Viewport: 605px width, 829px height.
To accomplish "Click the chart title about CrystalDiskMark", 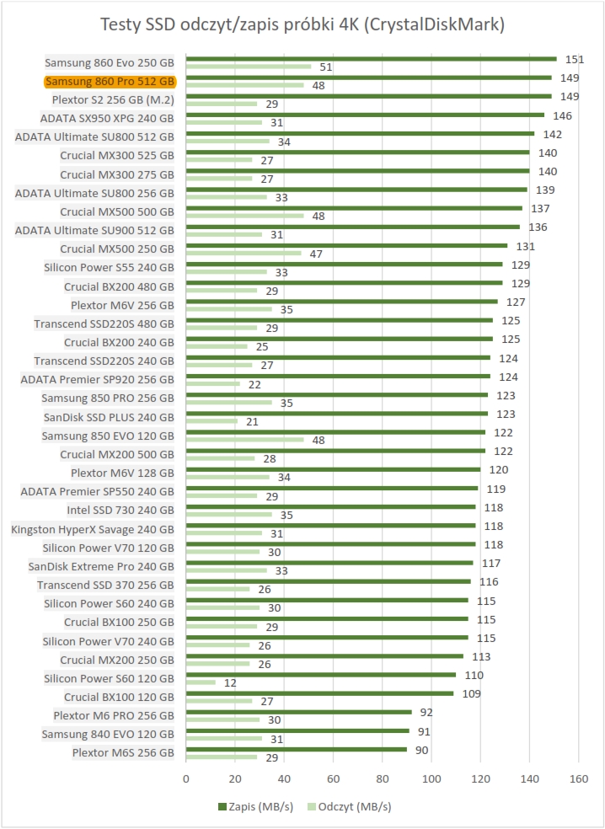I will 302,24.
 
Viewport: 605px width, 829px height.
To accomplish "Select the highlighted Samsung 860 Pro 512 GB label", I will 110,82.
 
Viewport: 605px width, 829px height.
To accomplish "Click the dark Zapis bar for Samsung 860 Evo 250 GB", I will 371,59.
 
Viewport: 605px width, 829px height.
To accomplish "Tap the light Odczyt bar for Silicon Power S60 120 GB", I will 201,682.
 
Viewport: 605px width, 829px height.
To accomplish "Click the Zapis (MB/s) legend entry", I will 254,806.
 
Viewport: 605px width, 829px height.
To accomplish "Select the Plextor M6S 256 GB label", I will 123,752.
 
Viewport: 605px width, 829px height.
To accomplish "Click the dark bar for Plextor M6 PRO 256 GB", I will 299,712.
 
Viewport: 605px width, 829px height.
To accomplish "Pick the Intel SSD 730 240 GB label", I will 120,510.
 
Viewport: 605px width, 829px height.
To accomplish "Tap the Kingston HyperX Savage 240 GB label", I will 93,528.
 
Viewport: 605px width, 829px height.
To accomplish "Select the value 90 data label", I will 421,749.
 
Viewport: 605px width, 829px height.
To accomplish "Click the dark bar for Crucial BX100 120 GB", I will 320,693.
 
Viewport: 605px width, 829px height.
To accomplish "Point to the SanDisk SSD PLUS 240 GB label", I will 109,417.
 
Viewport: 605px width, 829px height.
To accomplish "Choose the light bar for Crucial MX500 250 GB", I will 244,253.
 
